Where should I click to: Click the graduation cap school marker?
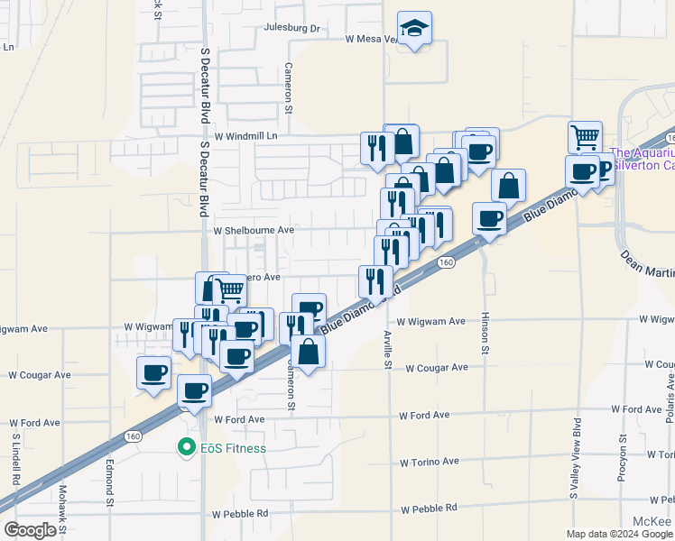(414, 29)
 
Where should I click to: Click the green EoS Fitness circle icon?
(187, 446)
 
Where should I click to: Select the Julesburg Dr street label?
(292, 28)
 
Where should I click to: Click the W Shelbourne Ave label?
(254, 230)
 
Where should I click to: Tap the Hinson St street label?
(485, 334)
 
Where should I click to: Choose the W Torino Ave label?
(430, 462)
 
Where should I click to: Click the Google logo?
(29, 529)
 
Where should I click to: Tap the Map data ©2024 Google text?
(619, 534)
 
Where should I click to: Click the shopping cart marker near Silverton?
(586, 138)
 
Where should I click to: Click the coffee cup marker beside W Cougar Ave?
(153, 371)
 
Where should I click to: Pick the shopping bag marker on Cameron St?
(309, 352)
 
